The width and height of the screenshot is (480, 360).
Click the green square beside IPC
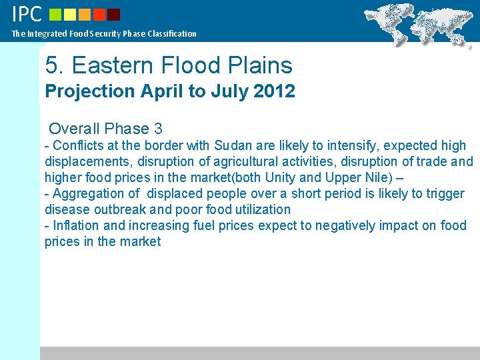55,14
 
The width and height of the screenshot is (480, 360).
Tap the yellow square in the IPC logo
71,14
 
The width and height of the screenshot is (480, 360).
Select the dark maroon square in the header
113,14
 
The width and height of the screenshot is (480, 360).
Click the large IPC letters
27,13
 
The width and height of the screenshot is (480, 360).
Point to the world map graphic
420,24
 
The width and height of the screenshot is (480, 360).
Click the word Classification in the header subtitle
172,33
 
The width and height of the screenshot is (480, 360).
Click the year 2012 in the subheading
274,91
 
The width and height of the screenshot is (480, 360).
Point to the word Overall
74,129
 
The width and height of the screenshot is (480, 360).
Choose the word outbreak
123,209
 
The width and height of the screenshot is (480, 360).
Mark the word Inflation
76,225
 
